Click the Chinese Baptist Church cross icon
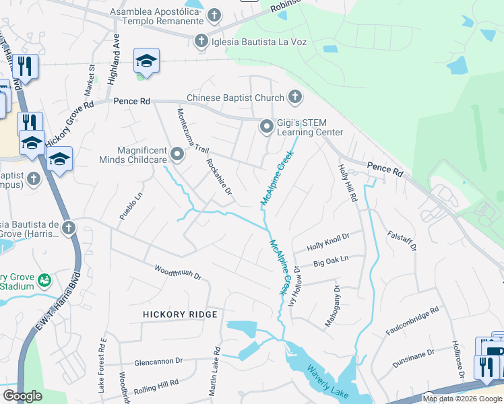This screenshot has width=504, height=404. coord(294,98)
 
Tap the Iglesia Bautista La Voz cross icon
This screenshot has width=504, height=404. coord(200,42)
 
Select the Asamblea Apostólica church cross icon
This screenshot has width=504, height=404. coord(214,15)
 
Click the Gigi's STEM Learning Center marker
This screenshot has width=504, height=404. coord(267,127)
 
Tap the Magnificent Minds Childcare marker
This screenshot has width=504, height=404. coord(177,155)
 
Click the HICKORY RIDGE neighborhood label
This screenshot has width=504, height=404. coord(180,314)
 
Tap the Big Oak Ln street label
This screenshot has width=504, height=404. coord(331,260)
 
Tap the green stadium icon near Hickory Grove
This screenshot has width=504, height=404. coord(44,279)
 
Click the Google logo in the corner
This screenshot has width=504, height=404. coord(22,396)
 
